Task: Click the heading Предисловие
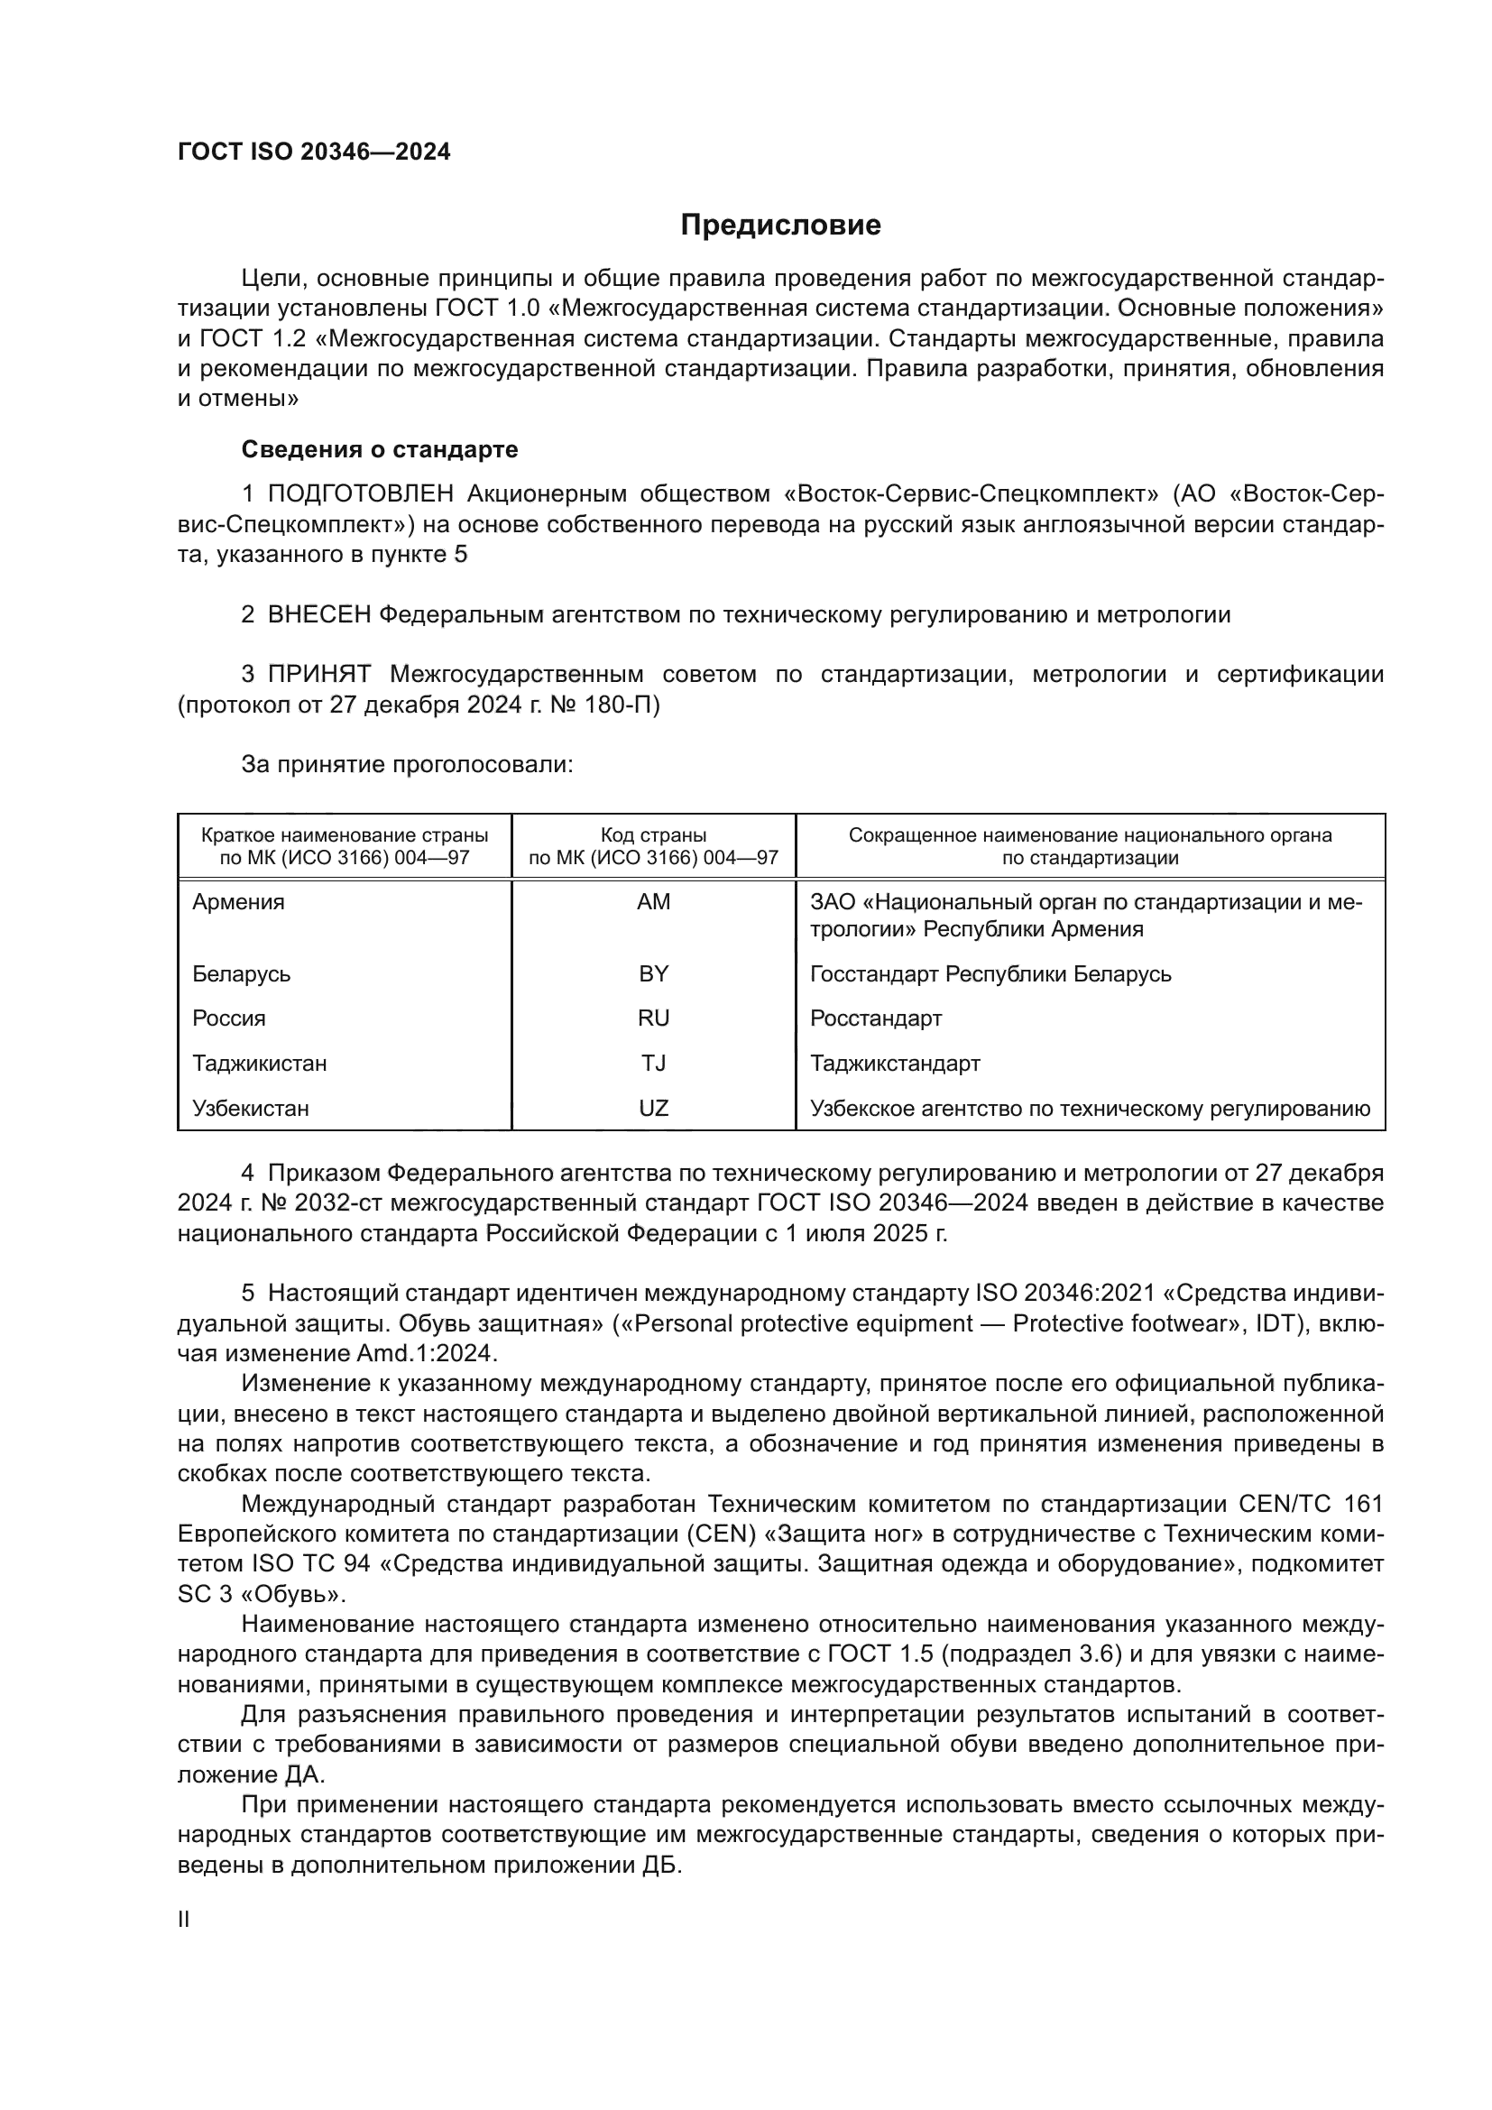[780, 226]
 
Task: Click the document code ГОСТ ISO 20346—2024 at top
[314, 152]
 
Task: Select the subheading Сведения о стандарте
[379, 449]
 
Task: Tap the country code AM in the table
[653, 902]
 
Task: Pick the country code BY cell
[653, 973]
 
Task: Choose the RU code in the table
[653, 1018]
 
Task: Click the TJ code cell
[653, 1064]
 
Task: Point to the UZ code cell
[653, 1109]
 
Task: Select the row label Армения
[238, 902]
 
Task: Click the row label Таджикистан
[259, 1064]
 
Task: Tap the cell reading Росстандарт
[875, 1018]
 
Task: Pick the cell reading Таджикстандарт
[895, 1064]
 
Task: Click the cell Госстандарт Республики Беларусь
[990, 973]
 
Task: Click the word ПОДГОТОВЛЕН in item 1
[360, 494]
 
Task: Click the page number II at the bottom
[184, 1920]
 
